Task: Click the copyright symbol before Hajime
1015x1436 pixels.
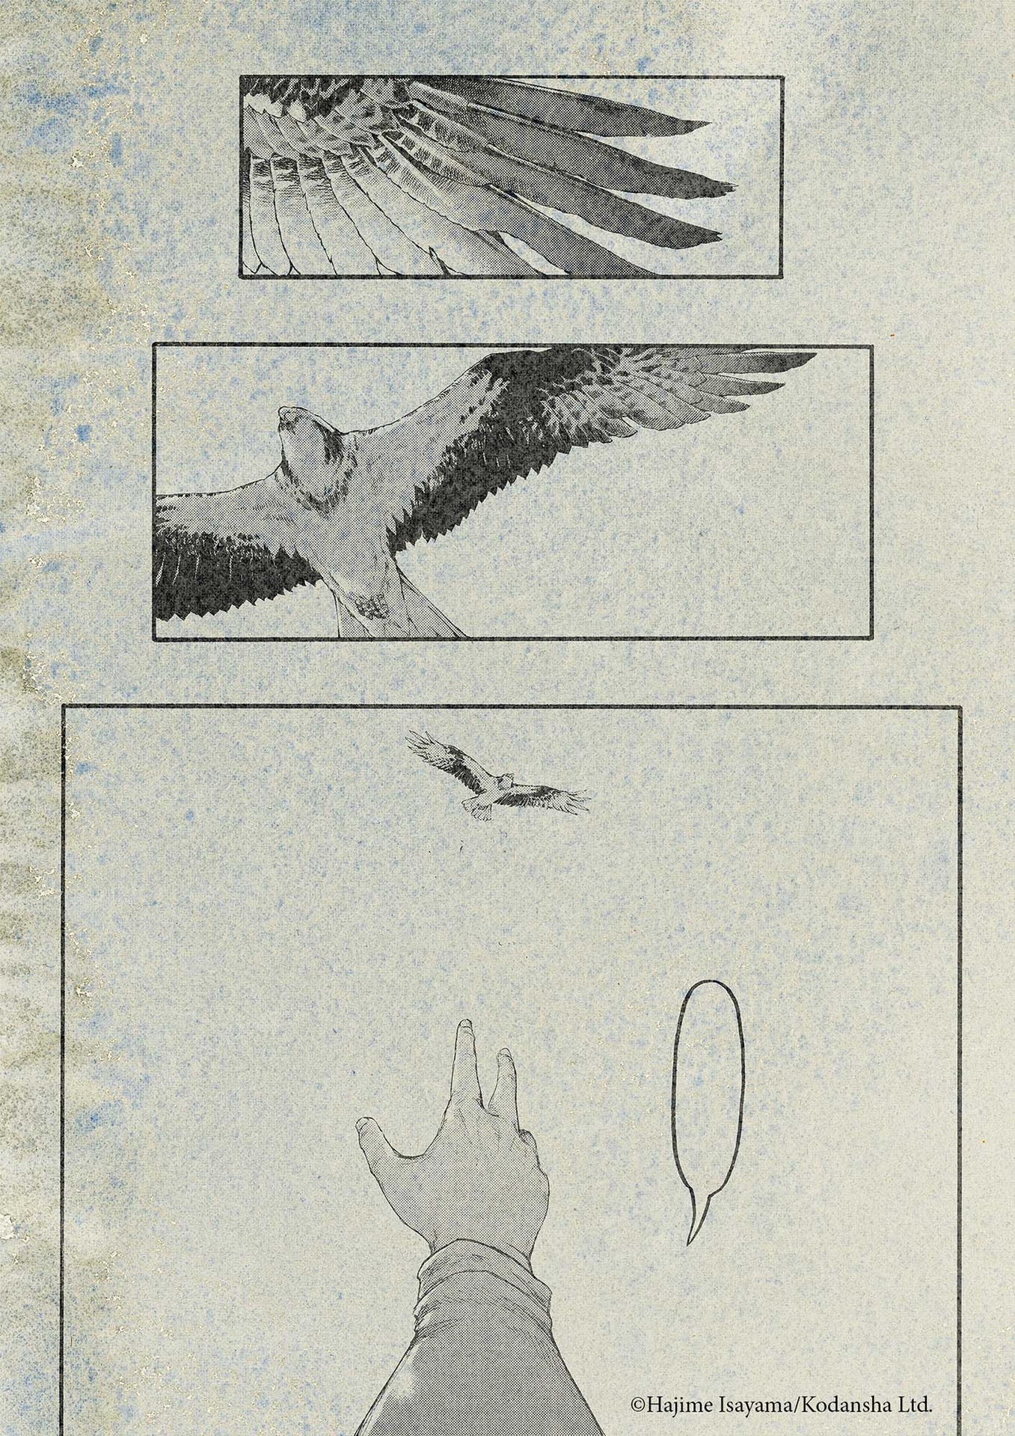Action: click(637, 1406)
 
